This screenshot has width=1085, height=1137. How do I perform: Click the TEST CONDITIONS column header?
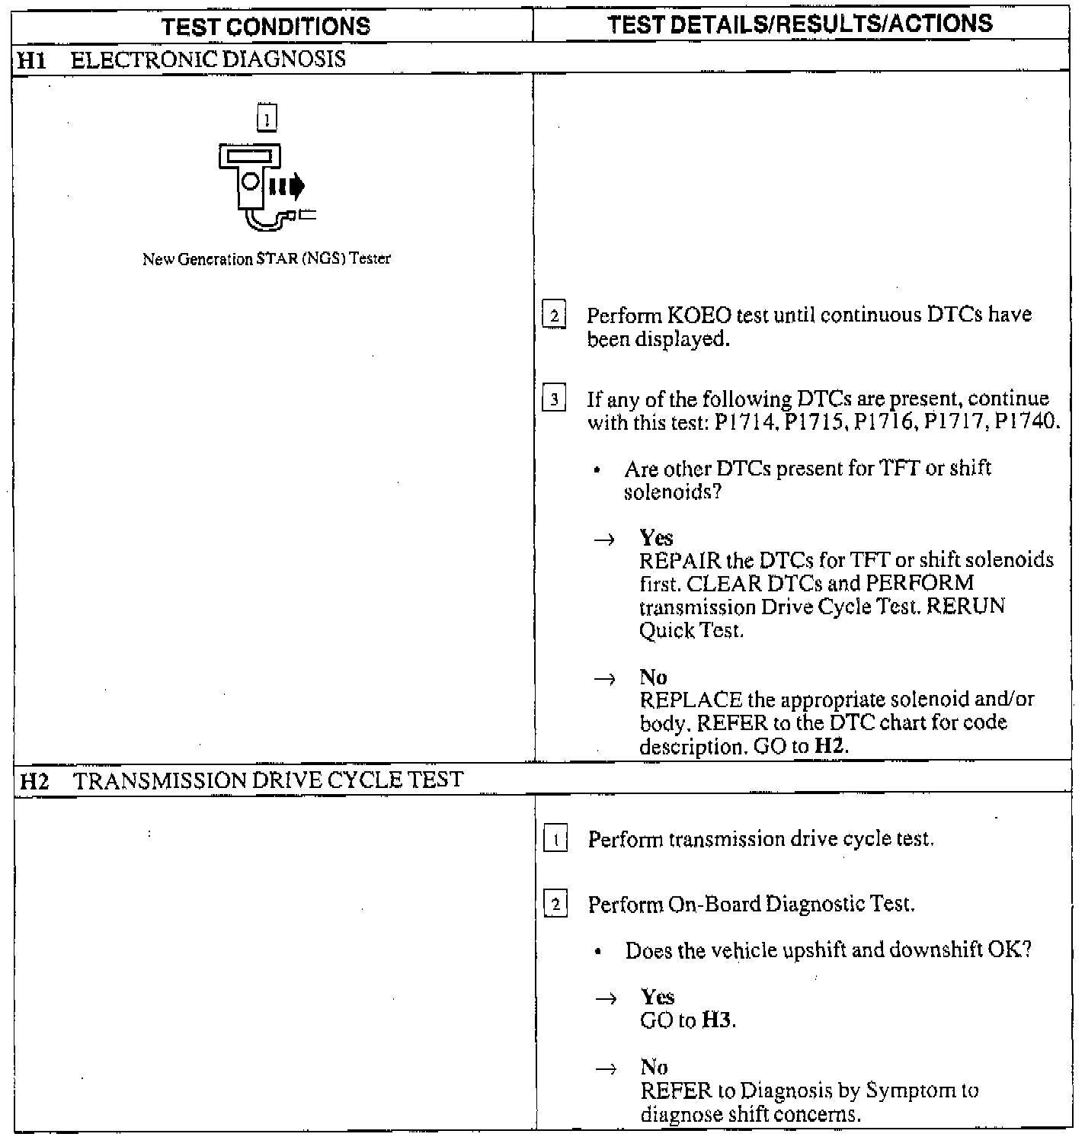[x=266, y=26]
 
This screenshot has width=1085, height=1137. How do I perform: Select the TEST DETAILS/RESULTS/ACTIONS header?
[x=800, y=24]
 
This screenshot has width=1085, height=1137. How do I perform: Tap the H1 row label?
[x=30, y=59]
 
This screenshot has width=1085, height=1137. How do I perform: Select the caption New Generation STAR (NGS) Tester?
[x=266, y=259]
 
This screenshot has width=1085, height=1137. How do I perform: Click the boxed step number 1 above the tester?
[x=267, y=117]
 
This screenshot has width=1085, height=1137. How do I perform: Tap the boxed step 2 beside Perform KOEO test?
[x=554, y=315]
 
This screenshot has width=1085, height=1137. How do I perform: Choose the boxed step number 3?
[x=554, y=399]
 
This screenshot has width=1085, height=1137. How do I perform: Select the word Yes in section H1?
[x=656, y=537]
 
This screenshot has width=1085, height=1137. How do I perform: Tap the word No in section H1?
[x=653, y=677]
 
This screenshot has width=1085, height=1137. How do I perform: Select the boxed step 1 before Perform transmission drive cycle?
[x=556, y=840]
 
